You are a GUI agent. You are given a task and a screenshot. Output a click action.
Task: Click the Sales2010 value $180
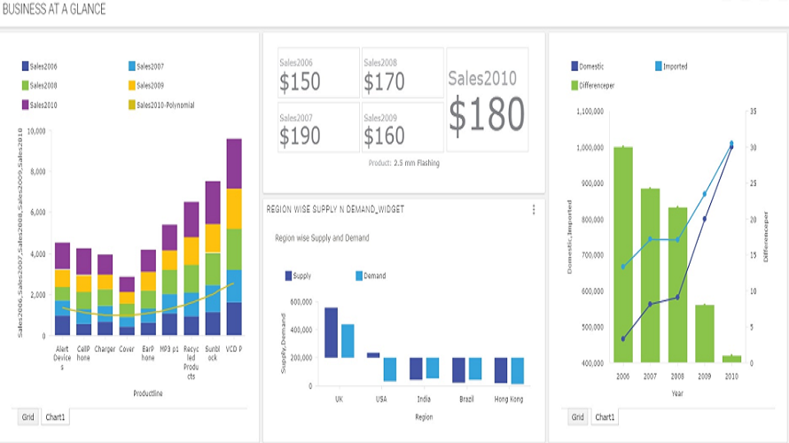tap(487, 113)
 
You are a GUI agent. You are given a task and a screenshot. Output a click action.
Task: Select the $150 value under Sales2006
tap(300, 82)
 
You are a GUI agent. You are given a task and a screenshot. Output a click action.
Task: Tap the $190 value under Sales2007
tap(300, 136)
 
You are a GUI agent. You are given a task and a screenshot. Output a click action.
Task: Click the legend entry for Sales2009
tap(146, 86)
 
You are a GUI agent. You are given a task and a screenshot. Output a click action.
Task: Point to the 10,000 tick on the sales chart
tap(35, 131)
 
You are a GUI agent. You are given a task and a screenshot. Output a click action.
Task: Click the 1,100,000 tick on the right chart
tap(590, 112)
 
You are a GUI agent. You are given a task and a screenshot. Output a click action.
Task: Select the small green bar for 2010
tap(731, 359)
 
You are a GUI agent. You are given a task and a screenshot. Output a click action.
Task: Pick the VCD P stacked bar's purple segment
tap(234, 163)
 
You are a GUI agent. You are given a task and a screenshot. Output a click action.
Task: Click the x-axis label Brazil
tap(466, 400)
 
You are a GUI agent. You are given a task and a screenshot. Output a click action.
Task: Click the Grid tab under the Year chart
tap(577, 416)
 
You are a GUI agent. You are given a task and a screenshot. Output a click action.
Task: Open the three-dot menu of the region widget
tap(534, 210)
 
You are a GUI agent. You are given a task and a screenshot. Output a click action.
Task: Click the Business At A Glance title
tap(54, 10)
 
